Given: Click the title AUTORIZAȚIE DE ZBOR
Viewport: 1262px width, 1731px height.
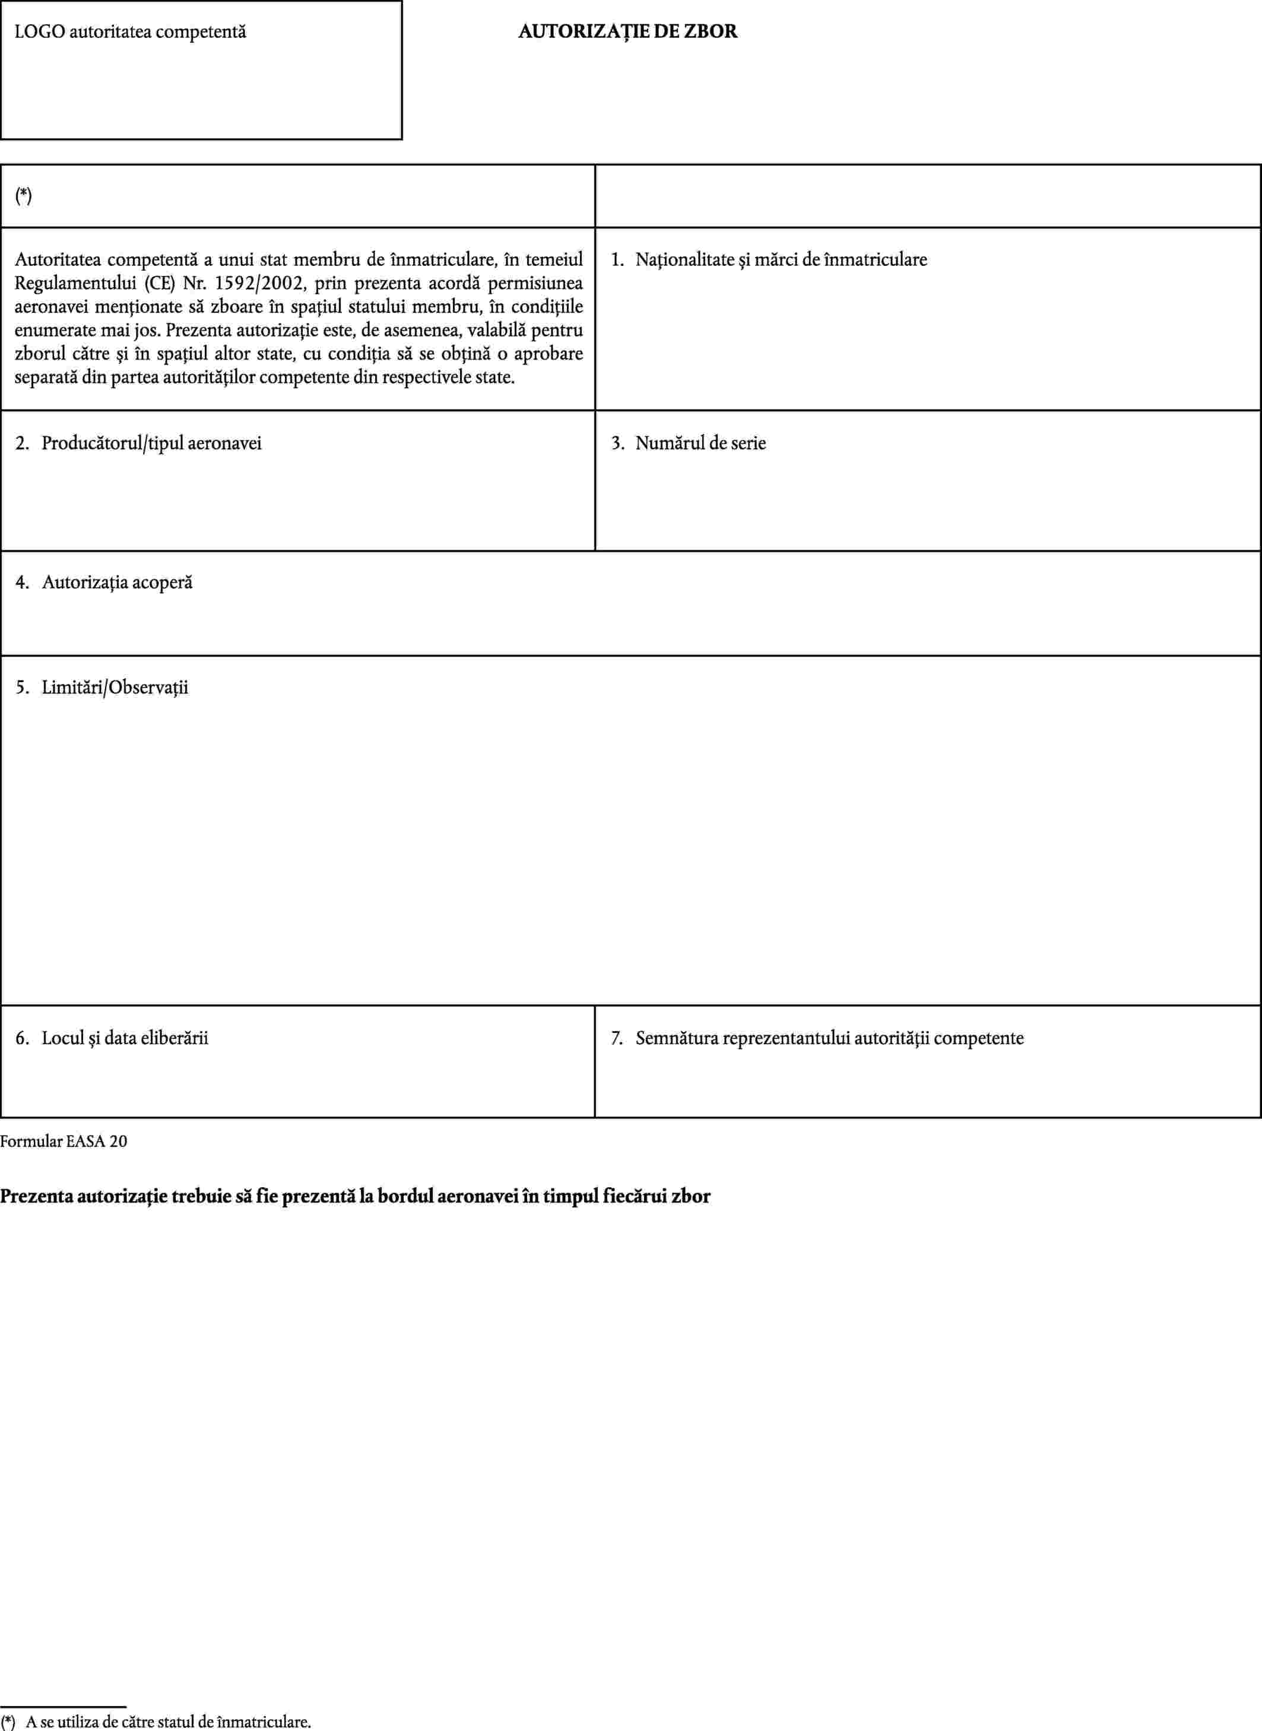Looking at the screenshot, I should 627,32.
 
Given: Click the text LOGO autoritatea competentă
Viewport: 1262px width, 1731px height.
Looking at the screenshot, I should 131,32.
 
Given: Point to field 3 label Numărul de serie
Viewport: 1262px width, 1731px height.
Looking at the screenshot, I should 700,443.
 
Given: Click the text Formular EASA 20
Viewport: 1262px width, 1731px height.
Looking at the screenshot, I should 64,1142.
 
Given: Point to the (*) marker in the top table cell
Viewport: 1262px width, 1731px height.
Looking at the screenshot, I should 24,196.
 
